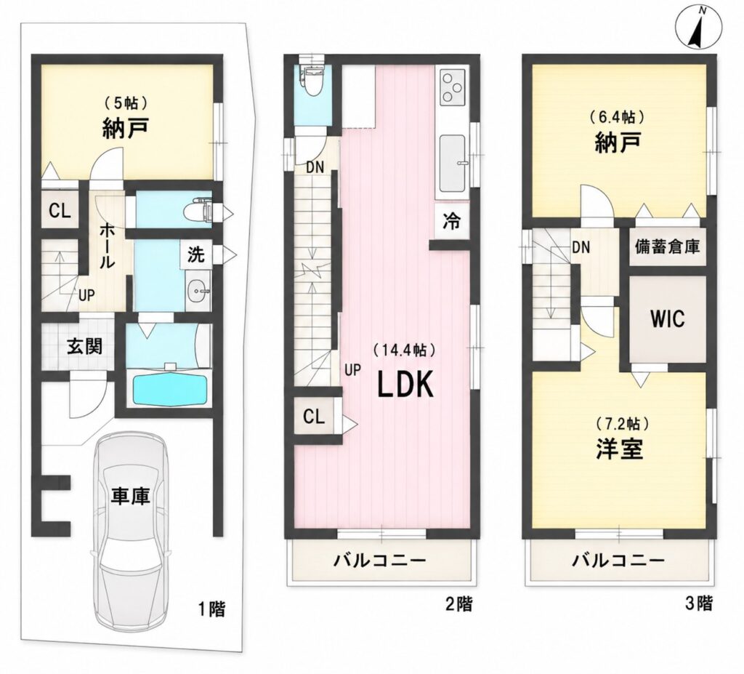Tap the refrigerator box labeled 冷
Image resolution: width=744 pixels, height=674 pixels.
coord(451,221)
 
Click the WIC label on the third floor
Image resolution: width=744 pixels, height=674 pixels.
coord(668,318)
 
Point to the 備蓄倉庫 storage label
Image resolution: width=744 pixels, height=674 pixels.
coord(667,247)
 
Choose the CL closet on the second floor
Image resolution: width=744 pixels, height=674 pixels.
coord(314,417)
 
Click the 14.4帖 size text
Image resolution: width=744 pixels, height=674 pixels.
coord(404,350)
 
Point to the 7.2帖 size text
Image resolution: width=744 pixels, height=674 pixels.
coord(620,422)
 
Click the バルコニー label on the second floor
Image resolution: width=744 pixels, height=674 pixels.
coord(380,561)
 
